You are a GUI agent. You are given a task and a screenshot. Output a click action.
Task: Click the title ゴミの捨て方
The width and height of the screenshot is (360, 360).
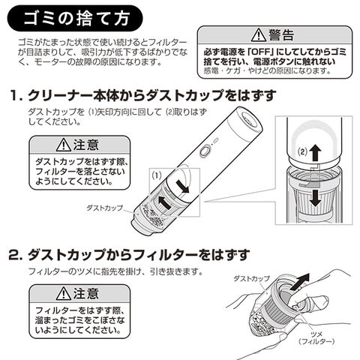tap(76, 18)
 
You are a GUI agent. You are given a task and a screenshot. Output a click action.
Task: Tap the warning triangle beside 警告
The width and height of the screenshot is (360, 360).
tap(259, 35)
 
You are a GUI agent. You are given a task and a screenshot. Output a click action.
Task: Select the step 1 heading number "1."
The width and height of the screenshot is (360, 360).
tap(16, 95)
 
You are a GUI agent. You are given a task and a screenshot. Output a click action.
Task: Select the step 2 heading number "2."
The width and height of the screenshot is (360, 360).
tap(16, 255)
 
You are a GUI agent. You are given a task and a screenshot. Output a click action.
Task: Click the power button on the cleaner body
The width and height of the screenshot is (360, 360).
tap(205, 151)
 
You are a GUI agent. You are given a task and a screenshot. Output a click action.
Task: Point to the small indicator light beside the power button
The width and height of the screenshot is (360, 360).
tap(215, 140)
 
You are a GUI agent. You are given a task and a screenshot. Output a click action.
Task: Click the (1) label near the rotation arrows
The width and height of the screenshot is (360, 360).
tap(157, 175)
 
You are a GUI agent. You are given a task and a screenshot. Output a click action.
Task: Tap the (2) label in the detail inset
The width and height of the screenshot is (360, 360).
tap(302, 151)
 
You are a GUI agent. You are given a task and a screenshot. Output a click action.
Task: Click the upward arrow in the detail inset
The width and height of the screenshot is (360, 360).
tap(315, 154)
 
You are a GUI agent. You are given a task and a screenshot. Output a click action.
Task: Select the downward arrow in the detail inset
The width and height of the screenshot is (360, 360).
tap(316, 199)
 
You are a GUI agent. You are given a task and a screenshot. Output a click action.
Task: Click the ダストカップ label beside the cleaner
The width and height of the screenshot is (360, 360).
tap(105, 208)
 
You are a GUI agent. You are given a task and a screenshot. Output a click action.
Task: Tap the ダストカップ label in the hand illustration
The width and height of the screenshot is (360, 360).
tap(252, 279)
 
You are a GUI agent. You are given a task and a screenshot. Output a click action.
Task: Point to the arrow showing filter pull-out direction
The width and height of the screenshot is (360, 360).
tap(300, 282)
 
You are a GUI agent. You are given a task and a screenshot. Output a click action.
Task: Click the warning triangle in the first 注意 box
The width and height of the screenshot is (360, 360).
tap(64, 145)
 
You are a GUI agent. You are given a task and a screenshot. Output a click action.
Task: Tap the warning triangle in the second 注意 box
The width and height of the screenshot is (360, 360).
tap(64, 293)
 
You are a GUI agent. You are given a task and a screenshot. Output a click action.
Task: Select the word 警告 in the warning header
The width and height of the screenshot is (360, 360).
tap(281, 35)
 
